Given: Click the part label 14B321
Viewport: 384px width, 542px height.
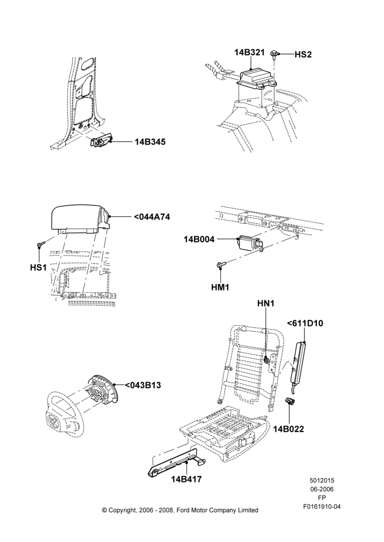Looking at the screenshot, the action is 249,53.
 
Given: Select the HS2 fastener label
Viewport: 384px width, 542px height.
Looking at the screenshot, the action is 303,54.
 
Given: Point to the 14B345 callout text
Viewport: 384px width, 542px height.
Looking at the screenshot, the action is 150,141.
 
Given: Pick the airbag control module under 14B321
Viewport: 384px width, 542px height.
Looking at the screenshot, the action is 257,78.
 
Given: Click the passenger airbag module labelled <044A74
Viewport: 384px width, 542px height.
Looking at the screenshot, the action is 80,218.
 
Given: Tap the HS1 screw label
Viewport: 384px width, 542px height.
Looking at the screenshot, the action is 38,268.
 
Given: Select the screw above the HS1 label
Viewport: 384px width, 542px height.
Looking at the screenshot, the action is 40,245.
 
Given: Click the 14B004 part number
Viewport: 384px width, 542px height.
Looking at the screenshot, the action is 199,239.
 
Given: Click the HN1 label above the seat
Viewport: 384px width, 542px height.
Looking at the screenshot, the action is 266,304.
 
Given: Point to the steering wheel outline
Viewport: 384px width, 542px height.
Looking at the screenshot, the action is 66,415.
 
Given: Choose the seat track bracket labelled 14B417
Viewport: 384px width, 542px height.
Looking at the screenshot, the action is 176,462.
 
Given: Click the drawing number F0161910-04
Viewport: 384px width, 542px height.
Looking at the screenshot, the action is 322,507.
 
